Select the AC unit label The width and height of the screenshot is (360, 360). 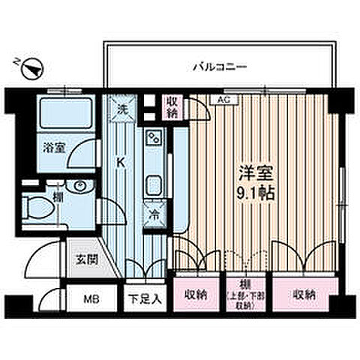[223, 99]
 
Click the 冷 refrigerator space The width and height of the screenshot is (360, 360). [152, 212]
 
